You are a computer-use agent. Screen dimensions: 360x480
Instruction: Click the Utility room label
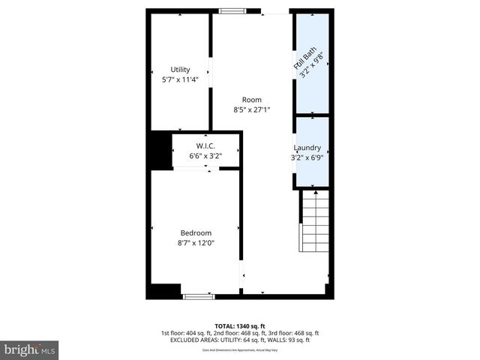pos(180,70)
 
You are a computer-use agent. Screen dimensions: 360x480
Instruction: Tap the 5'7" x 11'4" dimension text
pos(180,79)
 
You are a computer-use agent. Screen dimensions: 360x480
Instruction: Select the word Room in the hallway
pos(251,100)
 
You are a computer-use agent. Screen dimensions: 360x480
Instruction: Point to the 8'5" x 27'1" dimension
pos(251,109)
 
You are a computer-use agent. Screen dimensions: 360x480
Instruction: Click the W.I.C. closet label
pos(205,145)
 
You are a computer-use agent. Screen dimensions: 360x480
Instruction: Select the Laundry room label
pos(307,148)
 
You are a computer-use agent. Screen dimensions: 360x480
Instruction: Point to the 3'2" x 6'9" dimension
pos(307,157)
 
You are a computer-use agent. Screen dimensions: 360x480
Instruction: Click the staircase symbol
pos(315,222)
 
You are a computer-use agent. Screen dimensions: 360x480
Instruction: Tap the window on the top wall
pos(232,10)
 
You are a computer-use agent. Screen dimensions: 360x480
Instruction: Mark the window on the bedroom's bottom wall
pos(199,296)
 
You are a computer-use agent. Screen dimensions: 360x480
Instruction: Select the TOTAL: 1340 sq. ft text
pos(239,325)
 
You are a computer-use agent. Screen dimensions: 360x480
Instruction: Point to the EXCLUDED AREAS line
pos(239,340)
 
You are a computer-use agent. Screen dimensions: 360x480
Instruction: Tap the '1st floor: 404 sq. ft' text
pos(187,333)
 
